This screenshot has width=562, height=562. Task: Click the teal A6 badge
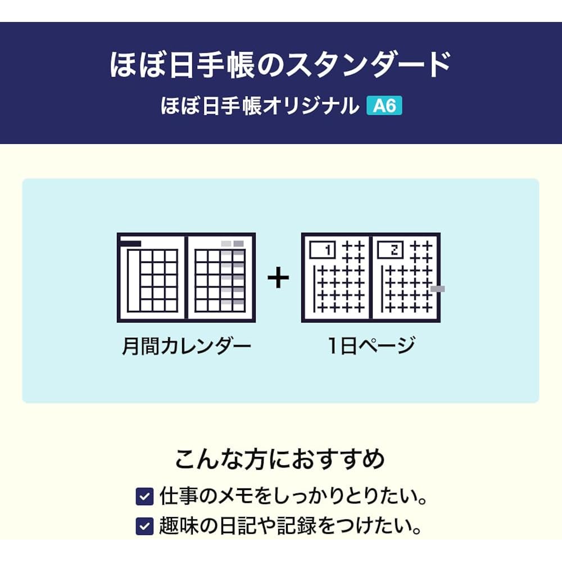384,106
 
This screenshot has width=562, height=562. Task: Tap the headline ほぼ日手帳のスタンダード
280,65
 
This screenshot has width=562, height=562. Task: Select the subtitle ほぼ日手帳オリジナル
260,106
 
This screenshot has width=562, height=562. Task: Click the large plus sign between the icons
278,278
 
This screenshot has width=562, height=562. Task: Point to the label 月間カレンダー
187,346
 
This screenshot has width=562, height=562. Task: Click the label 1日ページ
371,346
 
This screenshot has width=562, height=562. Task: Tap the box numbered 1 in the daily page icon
322,250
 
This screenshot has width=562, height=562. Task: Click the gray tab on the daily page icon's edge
438,289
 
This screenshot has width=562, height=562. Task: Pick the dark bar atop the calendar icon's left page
130,244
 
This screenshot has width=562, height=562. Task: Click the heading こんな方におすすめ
280,459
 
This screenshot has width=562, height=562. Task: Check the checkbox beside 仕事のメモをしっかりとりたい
145,496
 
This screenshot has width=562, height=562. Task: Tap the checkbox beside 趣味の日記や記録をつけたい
145,526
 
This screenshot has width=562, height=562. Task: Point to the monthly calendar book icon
187,278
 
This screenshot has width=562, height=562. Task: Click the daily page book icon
371,278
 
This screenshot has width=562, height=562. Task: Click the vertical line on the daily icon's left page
315,288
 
